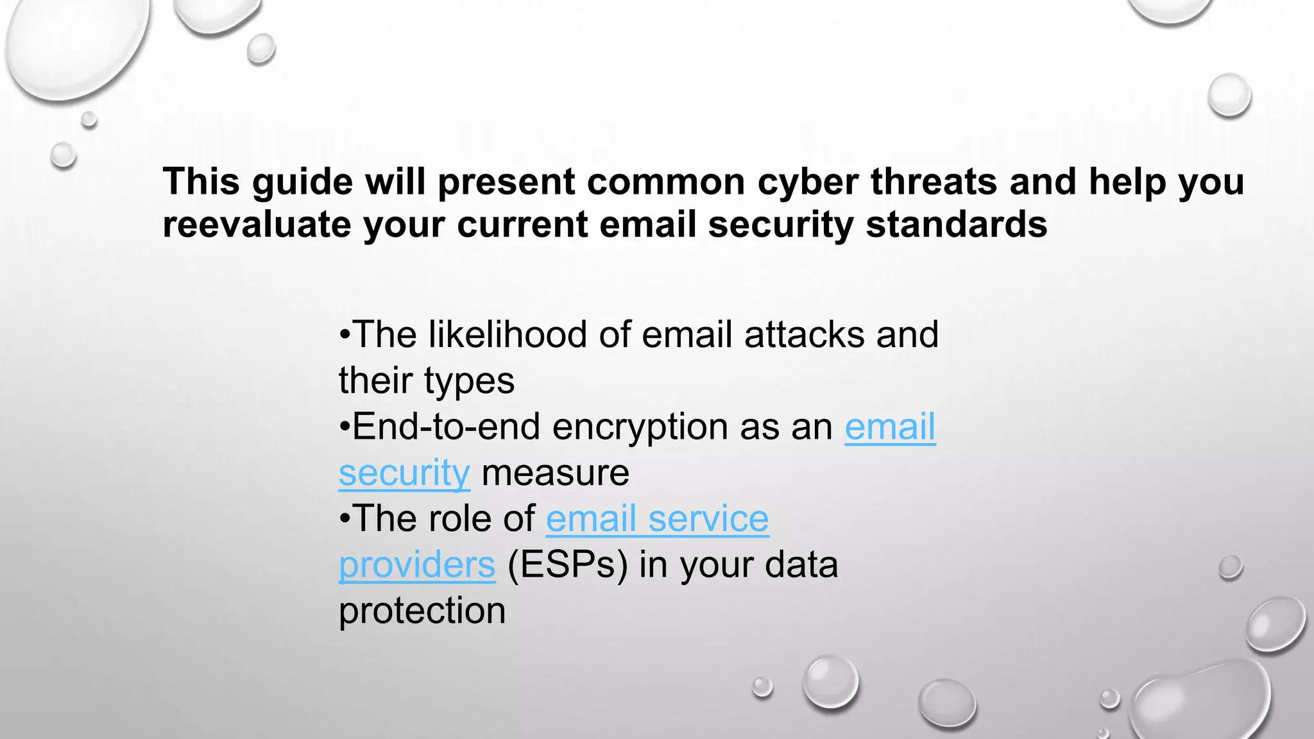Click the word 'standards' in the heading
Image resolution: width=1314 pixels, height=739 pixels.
(957, 225)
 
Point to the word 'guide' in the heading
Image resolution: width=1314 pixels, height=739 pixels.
(302, 182)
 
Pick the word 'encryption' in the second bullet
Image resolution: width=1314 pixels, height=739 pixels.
(640, 427)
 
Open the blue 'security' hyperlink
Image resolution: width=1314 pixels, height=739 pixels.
(404, 473)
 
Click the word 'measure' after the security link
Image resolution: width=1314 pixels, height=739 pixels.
(556, 473)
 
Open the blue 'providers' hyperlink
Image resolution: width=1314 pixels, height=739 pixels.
(417, 565)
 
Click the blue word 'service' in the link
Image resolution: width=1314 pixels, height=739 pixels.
(708, 518)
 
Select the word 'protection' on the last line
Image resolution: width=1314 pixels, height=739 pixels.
(422, 611)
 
